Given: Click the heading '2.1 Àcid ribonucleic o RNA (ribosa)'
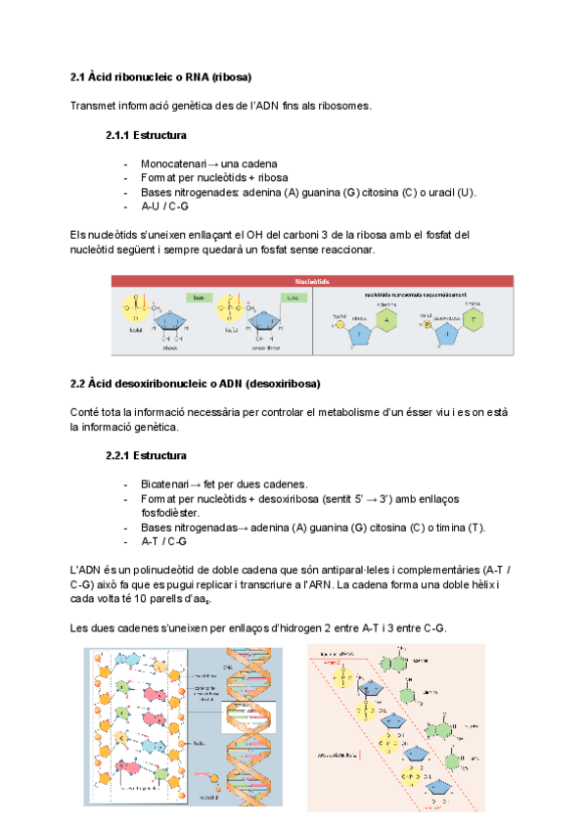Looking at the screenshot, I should pos(161,76).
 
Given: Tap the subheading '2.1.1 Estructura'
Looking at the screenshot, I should pos(146,135).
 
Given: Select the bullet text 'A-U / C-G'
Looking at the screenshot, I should pos(164,207).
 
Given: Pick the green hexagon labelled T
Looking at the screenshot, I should pos(475,320).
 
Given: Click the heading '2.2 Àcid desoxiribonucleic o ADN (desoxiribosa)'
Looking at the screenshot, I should pos(196,383).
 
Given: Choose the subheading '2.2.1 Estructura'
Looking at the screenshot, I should pos(146,455).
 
